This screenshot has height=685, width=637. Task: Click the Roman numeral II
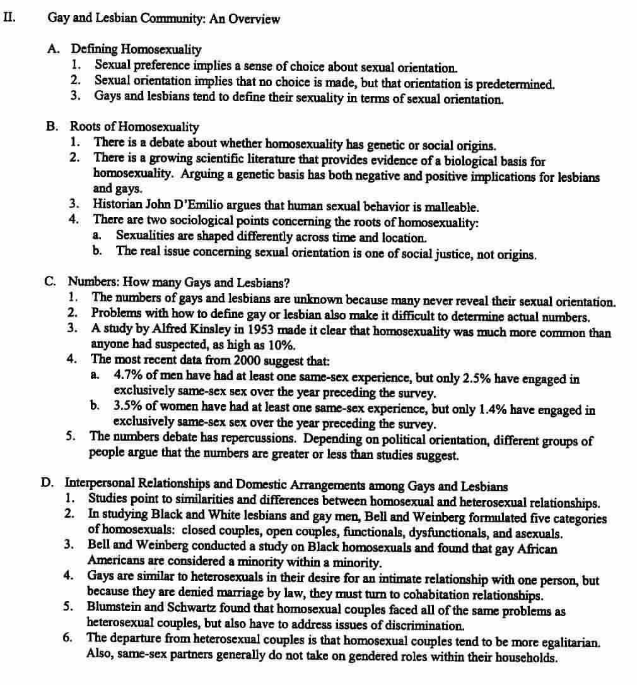pos(8,18)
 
